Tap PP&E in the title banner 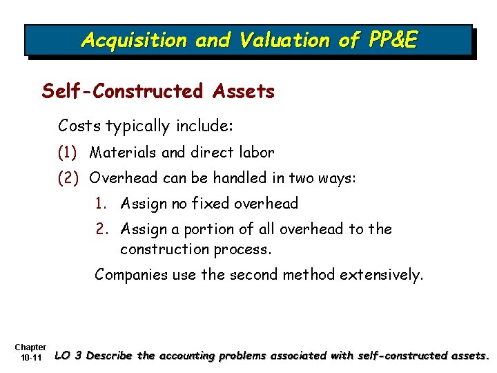point(388,40)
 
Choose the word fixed point(211,204)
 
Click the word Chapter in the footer point(30,347)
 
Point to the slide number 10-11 point(31,358)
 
